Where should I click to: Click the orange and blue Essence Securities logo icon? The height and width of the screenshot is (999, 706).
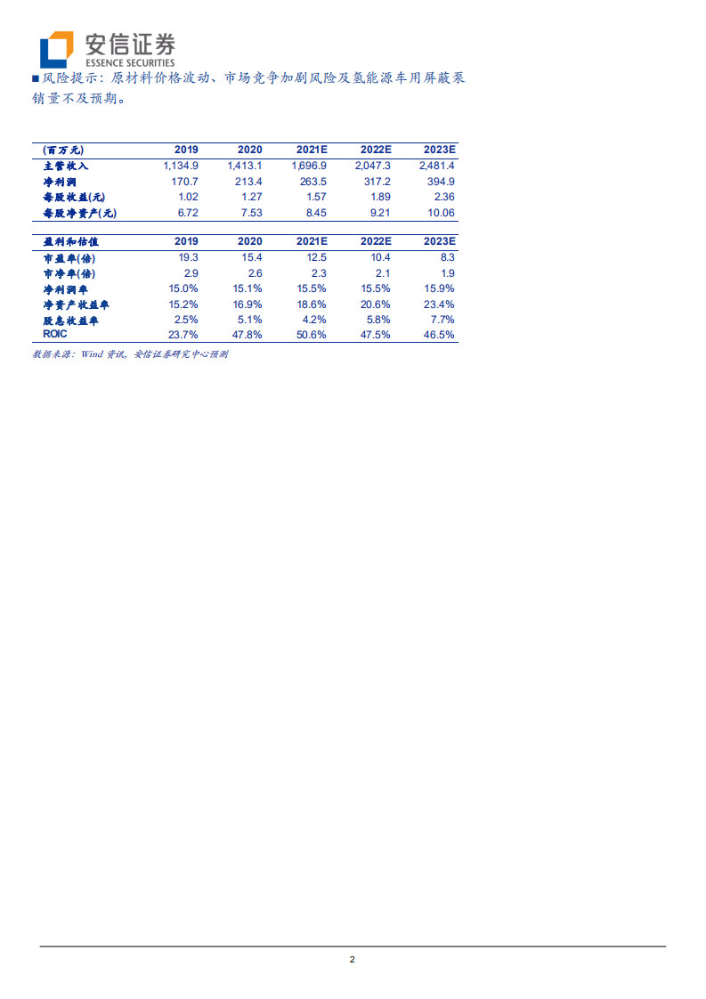(x=58, y=49)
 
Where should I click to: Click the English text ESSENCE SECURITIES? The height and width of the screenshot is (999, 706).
(x=129, y=61)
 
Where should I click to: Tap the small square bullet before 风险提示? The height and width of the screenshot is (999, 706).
(x=36, y=78)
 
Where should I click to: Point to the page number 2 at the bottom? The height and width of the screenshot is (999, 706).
(x=353, y=959)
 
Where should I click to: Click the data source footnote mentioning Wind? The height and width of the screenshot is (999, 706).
(x=130, y=353)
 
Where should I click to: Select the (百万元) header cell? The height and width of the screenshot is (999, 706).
(x=63, y=150)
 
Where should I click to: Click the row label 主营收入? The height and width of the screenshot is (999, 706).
(x=66, y=166)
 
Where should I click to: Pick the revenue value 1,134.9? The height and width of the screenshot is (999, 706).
(x=181, y=166)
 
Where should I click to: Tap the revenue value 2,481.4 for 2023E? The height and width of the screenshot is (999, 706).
(x=437, y=166)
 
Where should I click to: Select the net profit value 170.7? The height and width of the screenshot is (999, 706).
(x=184, y=182)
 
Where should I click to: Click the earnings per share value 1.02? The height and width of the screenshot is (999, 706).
(x=187, y=197)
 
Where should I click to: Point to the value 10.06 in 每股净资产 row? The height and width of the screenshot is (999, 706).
(x=441, y=213)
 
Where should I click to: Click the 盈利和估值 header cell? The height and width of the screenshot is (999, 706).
(x=70, y=241)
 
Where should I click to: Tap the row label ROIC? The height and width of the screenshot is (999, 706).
(x=55, y=334)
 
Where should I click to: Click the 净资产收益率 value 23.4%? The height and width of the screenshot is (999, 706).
(x=440, y=304)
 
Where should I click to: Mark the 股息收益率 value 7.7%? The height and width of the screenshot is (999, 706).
(x=442, y=319)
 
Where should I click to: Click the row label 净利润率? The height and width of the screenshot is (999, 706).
(x=66, y=288)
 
